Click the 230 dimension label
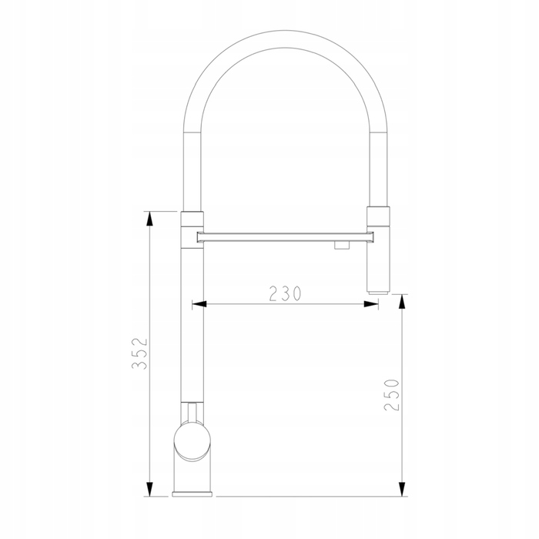point(285,293)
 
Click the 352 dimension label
point(139,353)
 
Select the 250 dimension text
point(391,395)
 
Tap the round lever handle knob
point(192,441)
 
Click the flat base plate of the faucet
point(192,494)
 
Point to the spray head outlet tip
point(378,293)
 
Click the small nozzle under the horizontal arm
point(342,245)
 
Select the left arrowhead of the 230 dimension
point(199,304)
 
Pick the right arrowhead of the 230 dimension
point(371,304)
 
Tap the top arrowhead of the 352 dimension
point(149,219)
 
